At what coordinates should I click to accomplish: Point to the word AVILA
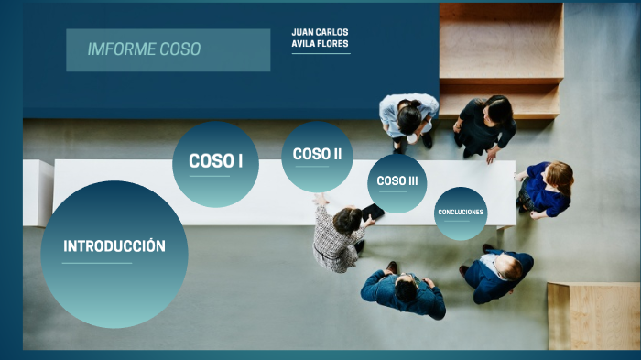coord(303,43)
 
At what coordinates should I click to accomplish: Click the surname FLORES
coord(333,43)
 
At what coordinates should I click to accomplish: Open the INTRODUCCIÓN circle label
coord(114,246)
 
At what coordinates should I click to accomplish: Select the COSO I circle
coord(215,161)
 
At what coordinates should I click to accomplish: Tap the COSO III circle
coord(397,181)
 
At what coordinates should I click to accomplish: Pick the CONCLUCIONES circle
coord(461,212)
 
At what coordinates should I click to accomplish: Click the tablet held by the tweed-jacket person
coord(373,212)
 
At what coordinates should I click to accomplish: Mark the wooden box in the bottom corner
coord(593,315)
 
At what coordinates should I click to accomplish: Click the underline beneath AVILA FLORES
coord(320,54)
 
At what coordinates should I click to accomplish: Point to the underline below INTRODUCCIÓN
coord(97,264)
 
